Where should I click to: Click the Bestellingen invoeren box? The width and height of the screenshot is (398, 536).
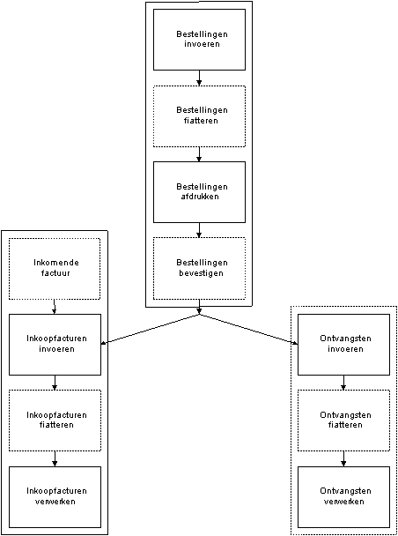click(199, 40)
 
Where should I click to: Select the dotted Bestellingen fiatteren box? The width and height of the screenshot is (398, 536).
click(199, 116)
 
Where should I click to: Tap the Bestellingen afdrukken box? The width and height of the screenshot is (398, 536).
click(199, 192)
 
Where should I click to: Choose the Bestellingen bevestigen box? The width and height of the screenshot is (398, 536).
click(199, 268)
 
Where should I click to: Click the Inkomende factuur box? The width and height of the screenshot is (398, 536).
click(55, 268)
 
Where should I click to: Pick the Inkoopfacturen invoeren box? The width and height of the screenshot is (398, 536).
click(55, 345)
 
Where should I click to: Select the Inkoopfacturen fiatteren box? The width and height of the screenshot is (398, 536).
click(55, 421)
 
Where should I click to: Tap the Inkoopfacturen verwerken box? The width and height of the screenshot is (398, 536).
click(55, 497)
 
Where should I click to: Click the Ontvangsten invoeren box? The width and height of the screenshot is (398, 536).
click(343, 345)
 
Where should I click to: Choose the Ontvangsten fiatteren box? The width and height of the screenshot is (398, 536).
click(343, 421)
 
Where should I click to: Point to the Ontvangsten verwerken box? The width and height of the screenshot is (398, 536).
click(343, 497)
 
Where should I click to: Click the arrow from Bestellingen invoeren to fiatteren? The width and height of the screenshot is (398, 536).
click(199, 78)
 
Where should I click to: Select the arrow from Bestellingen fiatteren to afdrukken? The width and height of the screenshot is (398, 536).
click(199, 154)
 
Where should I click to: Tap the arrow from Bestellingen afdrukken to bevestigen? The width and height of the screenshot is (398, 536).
click(199, 230)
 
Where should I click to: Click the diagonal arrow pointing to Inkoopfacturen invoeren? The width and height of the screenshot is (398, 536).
click(151, 329)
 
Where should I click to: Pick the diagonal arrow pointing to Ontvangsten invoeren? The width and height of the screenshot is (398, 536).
click(248, 329)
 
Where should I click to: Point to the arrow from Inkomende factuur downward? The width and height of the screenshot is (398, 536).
click(55, 307)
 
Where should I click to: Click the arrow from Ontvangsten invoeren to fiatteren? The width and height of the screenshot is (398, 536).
click(343, 383)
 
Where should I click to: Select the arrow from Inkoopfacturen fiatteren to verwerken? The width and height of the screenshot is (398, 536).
click(55, 458)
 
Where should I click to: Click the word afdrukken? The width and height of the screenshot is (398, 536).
click(199, 197)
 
